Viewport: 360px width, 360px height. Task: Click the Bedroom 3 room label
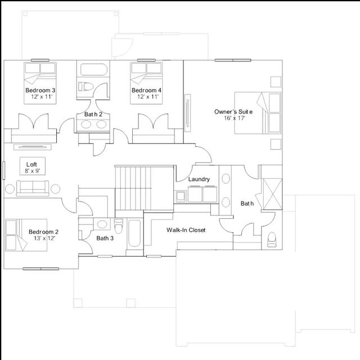[x=40, y=90]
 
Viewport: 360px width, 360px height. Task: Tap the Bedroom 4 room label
[x=146, y=90]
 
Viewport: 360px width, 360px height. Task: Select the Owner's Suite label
[x=233, y=112]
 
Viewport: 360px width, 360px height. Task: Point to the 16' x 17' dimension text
[x=235, y=118]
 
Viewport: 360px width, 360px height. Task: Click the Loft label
[x=31, y=164]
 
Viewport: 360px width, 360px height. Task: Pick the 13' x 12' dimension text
[x=44, y=238]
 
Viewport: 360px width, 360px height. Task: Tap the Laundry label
[x=199, y=179]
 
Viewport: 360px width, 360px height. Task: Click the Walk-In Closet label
[x=186, y=230]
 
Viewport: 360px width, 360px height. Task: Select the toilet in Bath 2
[x=86, y=87]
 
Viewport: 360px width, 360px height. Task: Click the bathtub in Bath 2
[x=94, y=69]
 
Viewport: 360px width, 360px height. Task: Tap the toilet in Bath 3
[x=119, y=226]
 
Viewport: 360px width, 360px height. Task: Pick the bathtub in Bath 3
[x=134, y=233]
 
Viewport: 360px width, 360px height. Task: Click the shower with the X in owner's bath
[x=272, y=194]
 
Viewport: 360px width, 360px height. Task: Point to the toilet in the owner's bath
[x=272, y=240]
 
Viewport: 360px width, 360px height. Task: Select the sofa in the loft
[x=33, y=188]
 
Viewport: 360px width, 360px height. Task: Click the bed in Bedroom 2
[x=26, y=235]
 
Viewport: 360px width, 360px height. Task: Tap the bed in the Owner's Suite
[x=258, y=113]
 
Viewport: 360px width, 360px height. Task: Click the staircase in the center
[x=144, y=188]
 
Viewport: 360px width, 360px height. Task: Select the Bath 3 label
[x=105, y=238]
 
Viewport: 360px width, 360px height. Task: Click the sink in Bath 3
[x=102, y=224]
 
